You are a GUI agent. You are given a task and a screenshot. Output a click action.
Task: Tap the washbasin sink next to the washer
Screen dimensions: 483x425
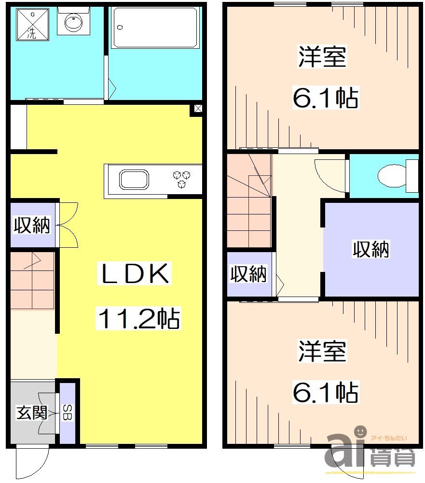(72, 22)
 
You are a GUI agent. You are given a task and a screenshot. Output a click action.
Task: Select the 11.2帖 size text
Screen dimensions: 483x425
(139, 319)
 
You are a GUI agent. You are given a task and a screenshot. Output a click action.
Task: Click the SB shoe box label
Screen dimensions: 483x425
(68, 413)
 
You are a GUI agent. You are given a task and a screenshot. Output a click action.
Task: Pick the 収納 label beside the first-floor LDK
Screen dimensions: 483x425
(32, 225)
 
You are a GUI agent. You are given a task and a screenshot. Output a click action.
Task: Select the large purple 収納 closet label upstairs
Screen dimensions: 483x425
(371, 249)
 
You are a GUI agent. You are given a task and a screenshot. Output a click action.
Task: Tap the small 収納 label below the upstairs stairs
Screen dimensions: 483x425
(248, 274)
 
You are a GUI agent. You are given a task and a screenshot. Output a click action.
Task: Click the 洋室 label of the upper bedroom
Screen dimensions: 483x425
(322, 57)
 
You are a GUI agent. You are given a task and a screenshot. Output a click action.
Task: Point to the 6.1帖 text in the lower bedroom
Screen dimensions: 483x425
(325, 392)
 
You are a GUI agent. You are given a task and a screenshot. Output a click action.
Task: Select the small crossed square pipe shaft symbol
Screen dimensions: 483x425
(198, 109)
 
